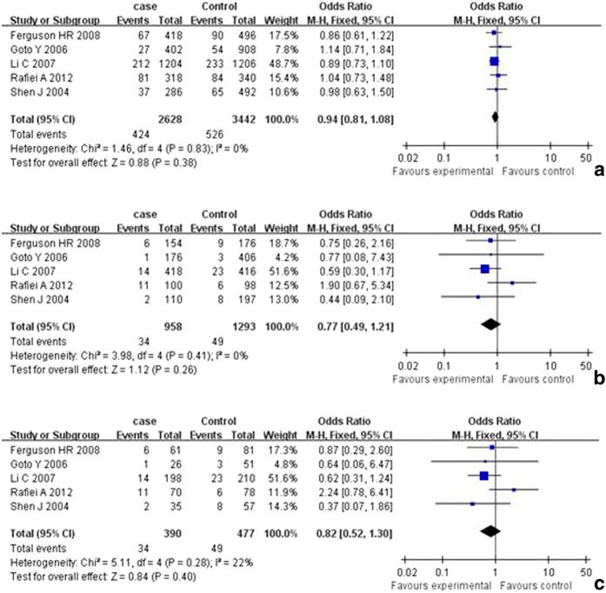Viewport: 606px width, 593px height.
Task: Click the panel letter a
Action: [597, 172]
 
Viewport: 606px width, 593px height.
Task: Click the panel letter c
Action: [597, 583]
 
